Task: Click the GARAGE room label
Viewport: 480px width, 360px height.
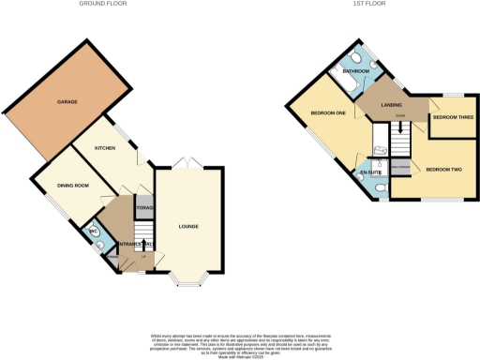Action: (x=67, y=101)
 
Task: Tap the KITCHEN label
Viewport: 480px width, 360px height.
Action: (x=105, y=149)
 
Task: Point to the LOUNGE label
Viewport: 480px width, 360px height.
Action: (x=189, y=226)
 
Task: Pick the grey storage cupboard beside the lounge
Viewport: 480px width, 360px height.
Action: (x=144, y=208)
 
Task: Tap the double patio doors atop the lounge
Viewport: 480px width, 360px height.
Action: (x=189, y=164)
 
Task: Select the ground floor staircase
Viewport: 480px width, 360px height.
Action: (x=142, y=239)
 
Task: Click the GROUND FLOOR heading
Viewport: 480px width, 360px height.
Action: (x=103, y=4)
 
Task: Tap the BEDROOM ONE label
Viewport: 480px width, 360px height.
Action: (x=329, y=113)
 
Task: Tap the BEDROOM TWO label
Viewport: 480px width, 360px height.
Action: (x=444, y=170)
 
